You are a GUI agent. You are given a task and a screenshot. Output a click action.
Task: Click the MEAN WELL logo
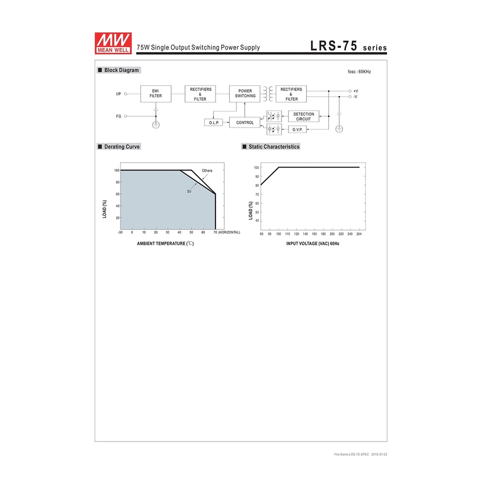(113, 43)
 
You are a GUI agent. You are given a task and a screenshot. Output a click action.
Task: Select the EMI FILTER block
(155, 94)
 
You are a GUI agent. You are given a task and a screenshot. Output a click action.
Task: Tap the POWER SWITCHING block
(245, 94)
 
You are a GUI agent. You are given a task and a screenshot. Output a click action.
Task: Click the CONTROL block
(245, 122)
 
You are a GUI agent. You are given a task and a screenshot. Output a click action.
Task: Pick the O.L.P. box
(214, 123)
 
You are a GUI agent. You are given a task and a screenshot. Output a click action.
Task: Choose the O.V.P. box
(297, 129)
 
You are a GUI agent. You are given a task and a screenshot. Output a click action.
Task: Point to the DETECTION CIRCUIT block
(304, 117)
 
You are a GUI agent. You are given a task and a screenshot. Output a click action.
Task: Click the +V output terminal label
(356, 91)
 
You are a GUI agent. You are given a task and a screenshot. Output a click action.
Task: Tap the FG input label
(119, 116)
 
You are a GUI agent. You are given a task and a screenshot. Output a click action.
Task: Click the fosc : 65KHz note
(359, 72)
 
